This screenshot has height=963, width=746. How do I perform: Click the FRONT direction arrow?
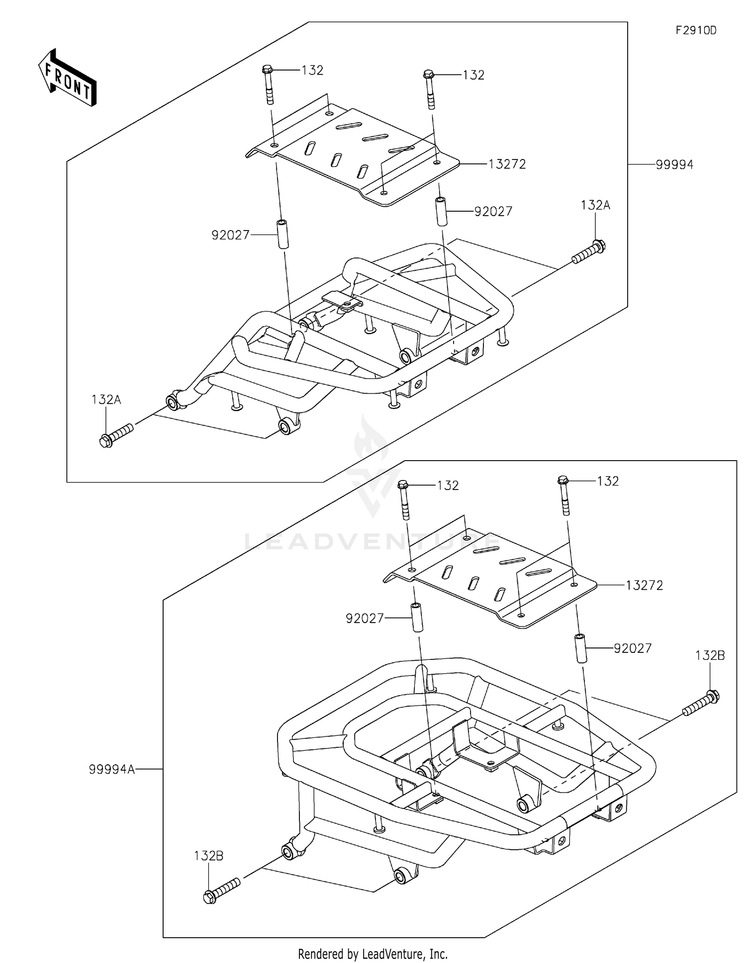click(x=68, y=79)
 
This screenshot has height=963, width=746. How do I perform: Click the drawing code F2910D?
click(x=696, y=30)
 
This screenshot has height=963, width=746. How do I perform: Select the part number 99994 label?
click(x=674, y=164)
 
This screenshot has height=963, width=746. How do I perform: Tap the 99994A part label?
click(x=112, y=769)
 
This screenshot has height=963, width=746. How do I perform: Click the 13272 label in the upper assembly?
click(x=507, y=164)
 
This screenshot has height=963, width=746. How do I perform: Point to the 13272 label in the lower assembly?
click(x=644, y=585)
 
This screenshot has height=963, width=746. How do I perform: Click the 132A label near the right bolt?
click(x=595, y=205)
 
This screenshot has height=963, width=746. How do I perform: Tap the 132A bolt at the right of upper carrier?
click(x=589, y=252)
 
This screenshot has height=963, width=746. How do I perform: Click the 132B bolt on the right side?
click(x=701, y=703)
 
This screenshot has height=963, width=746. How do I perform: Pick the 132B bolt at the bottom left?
click(x=222, y=891)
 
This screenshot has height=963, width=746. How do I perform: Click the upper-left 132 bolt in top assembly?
click(x=268, y=85)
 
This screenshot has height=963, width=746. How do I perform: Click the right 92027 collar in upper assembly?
click(x=441, y=211)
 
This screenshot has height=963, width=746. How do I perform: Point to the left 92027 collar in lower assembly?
click(x=416, y=618)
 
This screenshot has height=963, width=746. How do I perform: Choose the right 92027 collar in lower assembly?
click(x=580, y=648)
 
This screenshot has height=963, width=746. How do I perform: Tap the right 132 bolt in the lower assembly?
click(x=564, y=495)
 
